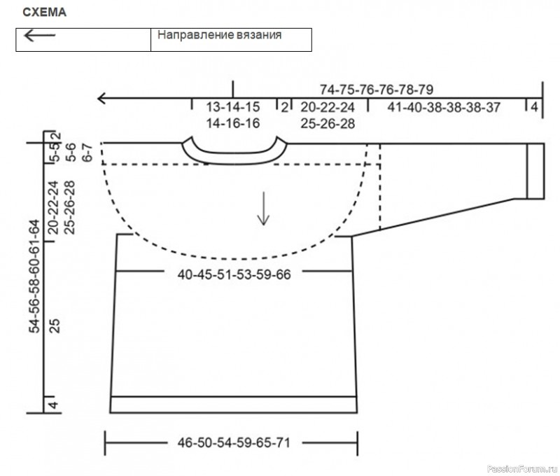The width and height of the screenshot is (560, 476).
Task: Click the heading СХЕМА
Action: pos(44,12)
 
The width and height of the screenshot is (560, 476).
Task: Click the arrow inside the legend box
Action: pos(40,36)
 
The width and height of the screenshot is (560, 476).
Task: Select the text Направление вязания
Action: pos(219,34)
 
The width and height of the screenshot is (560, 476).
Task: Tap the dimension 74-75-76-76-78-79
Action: pos(377,90)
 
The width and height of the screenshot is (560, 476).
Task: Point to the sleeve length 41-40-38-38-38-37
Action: pos(444,107)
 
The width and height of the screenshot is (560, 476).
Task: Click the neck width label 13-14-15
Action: pos(233,107)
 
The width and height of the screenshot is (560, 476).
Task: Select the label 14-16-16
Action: pos(233,123)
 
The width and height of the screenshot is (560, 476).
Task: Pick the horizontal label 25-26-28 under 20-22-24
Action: pos(328,124)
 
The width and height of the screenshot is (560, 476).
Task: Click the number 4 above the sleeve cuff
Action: pos(534,107)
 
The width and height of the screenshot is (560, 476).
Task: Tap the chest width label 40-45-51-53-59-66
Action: pos(234,274)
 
